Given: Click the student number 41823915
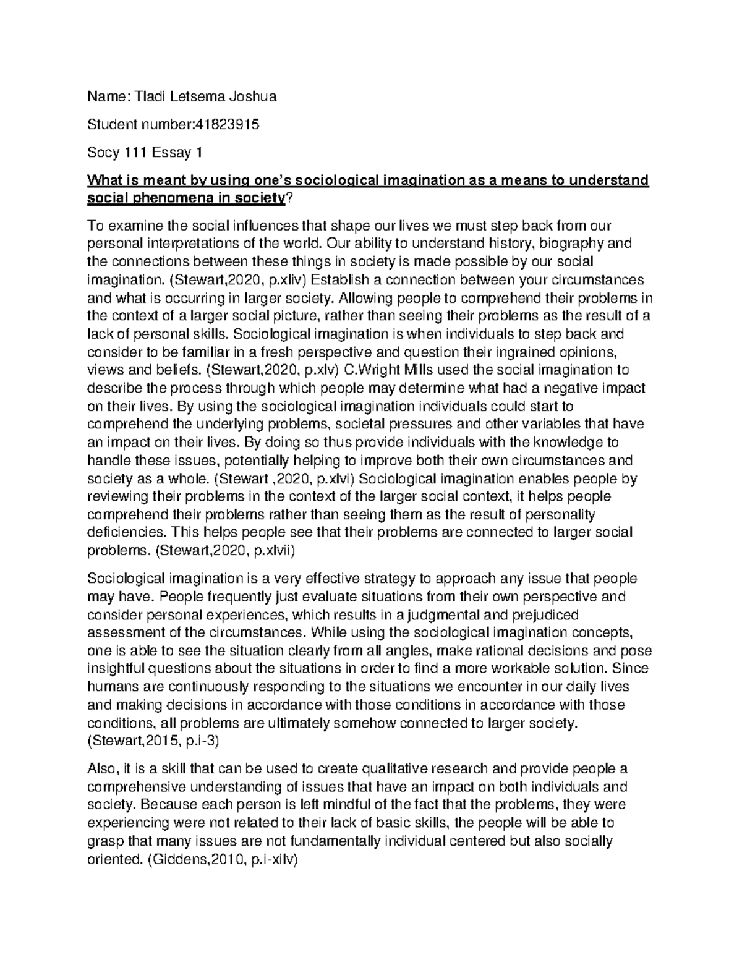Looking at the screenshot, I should coord(226,125).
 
